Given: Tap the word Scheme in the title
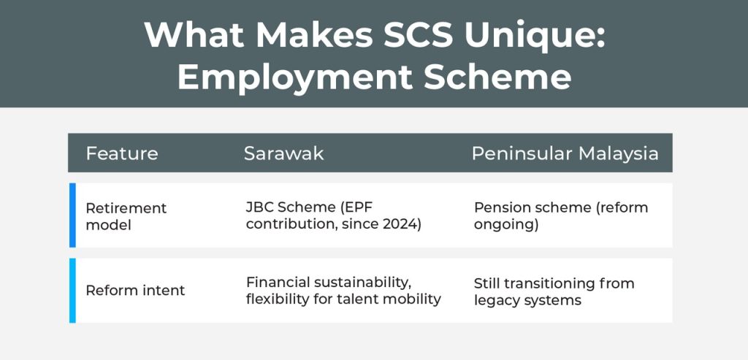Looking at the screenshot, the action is [497, 77].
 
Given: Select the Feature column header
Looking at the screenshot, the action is [122, 153].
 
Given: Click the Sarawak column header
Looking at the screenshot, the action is [284, 153].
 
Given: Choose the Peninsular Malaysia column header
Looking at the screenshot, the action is [565, 153].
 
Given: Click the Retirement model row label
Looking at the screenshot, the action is [126, 216].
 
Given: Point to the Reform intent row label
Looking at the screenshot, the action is [135, 291].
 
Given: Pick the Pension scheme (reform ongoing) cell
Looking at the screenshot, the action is [561, 216].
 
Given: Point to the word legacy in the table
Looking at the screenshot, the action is [494, 300].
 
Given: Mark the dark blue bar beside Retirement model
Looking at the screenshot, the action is [72, 215].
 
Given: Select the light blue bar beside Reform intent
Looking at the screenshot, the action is [72, 291].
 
